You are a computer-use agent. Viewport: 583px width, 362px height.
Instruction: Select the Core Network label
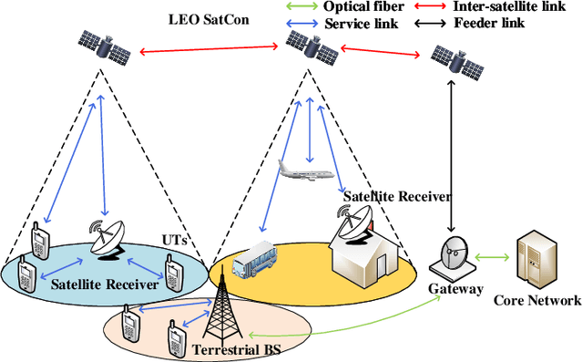537,300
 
